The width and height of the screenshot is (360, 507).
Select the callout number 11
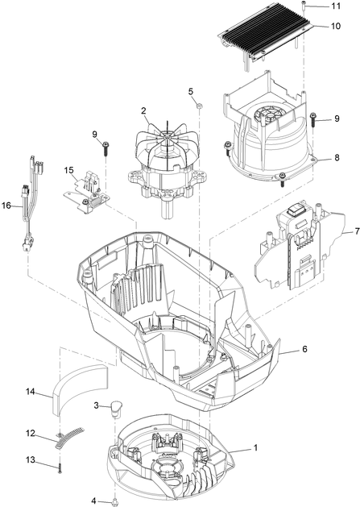tap(335, 6)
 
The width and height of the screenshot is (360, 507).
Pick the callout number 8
tap(336, 159)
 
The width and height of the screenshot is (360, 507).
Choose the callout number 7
tap(347, 232)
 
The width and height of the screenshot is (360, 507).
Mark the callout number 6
tap(304, 350)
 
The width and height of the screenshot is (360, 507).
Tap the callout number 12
tap(30, 434)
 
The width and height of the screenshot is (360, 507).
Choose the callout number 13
tap(30, 459)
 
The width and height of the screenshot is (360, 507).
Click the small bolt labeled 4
tap(117, 501)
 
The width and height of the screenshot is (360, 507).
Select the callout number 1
tap(255, 447)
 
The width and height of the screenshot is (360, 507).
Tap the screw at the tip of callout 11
tap(304, 6)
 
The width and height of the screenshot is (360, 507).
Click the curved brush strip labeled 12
tap(68, 439)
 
